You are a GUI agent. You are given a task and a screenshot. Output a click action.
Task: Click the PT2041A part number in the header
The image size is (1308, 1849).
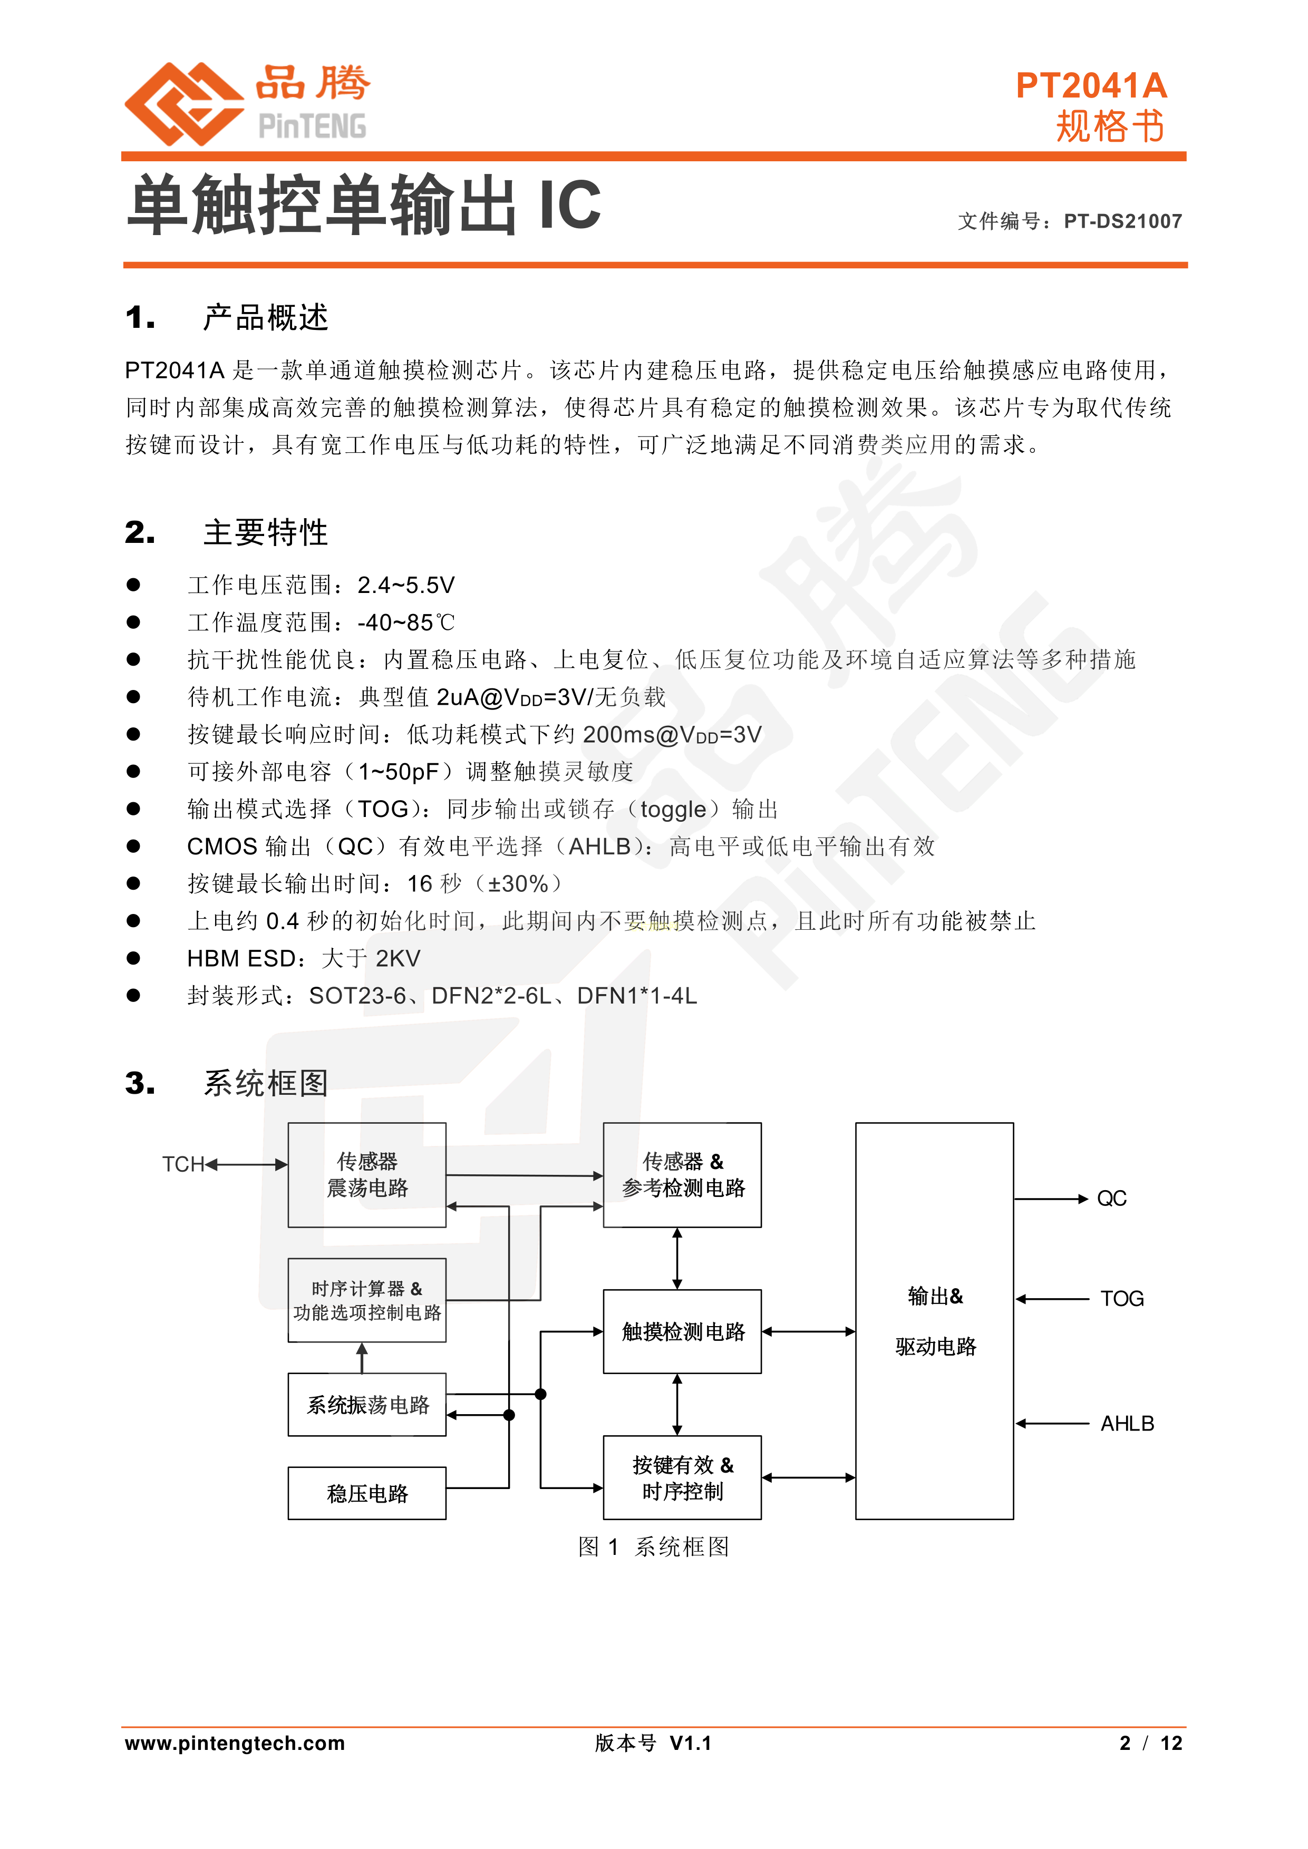tap(1091, 85)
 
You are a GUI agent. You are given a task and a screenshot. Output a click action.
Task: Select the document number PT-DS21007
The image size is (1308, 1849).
tap(1123, 221)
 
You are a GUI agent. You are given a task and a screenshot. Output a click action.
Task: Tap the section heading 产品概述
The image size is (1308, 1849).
tap(266, 318)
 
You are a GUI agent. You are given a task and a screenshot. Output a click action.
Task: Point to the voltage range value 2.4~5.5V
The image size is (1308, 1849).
tap(406, 586)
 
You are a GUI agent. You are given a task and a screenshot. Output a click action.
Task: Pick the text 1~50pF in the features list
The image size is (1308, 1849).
tap(399, 772)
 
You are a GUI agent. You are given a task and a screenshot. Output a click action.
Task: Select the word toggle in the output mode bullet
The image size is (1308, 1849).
tap(673, 810)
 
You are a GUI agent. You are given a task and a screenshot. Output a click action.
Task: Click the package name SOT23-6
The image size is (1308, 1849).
tap(357, 996)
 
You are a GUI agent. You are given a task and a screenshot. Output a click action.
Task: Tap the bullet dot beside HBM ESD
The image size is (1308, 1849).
tap(134, 958)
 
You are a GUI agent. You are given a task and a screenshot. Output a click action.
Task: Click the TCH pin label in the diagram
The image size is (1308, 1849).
tap(183, 1164)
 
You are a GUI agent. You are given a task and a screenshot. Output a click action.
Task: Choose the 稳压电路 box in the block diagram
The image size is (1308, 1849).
tap(367, 1493)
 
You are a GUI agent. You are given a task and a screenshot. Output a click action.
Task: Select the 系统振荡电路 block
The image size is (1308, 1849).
tap(367, 1405)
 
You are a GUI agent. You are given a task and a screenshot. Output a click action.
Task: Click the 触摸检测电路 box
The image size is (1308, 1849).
tap(682, 1331)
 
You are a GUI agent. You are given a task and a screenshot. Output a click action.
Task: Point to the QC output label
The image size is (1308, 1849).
tap(1111, 1199)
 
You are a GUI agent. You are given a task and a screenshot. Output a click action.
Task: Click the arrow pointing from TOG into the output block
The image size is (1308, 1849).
tap(1052, 1299)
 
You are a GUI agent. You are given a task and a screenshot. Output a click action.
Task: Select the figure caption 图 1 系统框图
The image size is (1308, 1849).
tap(654, 1546)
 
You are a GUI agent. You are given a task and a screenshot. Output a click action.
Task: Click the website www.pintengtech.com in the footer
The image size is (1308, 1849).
tap(235, 1744)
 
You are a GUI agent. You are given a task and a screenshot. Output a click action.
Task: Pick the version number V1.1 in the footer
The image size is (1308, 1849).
tap(690, 1744)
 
